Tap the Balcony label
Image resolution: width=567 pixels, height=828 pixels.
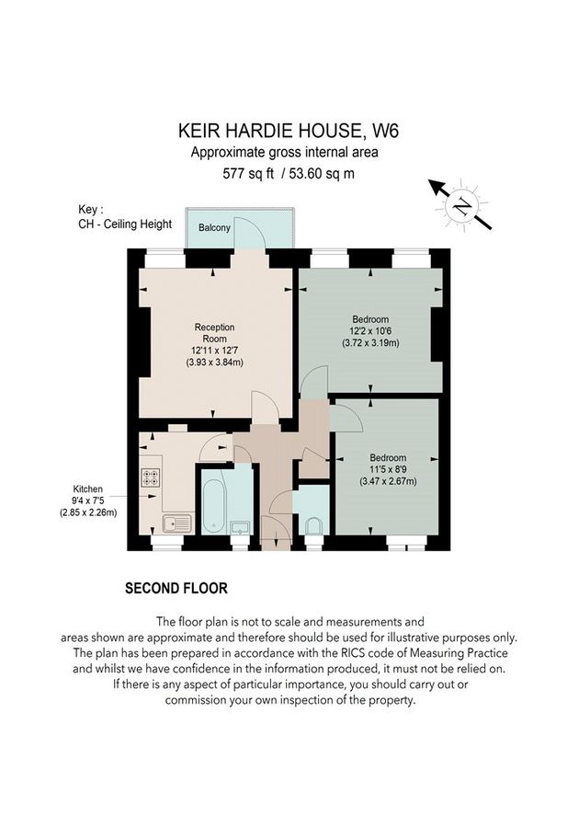tap(214, 226)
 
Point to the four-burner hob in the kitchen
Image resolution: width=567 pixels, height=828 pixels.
tap(150, 478)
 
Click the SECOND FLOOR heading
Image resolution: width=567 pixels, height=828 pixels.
tap(176, 587)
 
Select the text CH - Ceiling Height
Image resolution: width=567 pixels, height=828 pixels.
tap(125, 224)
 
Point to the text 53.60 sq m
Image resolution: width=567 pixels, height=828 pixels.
tap(323, 173)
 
